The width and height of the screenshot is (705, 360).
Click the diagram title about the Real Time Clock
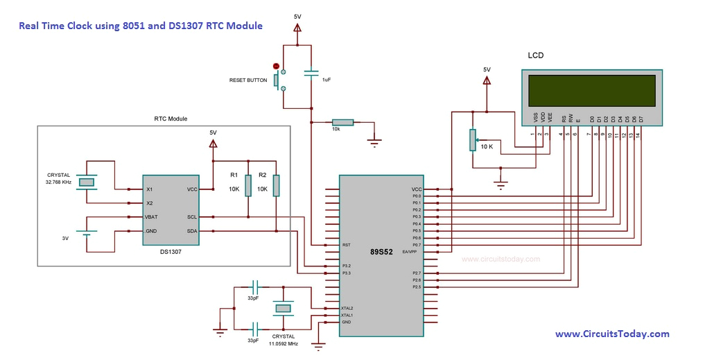(x=141, y=26)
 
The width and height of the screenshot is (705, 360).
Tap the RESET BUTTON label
(x=247, y=80)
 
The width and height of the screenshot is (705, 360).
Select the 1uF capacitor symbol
(x=311, y=71)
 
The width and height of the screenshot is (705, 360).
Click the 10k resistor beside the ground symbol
(x=342, y=122)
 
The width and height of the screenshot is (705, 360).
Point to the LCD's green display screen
(x=591, y=89)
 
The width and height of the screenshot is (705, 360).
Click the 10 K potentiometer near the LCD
(x=473, y=139)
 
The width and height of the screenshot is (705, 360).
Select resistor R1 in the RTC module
(x=248, y=186)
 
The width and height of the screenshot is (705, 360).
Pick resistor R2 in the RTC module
(x=276, y=186)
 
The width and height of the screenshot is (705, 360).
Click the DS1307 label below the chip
(x=171, y=253)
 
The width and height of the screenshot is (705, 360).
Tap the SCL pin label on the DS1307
(x=192, y=216)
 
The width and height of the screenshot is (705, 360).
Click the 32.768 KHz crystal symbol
(x=86, y=182)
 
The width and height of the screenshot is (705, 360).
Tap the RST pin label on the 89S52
(x=346, y=245)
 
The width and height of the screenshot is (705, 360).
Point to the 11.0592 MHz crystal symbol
(x=283, y=308)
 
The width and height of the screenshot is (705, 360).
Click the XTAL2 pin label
(x=347, y=308)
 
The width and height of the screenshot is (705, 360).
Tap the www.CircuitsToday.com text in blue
(x=612, y=334)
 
